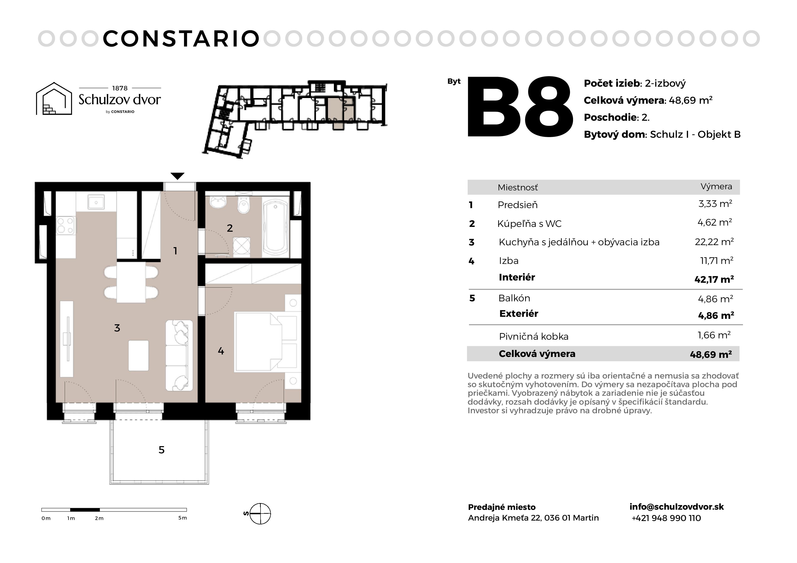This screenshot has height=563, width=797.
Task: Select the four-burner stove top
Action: click(66, 225)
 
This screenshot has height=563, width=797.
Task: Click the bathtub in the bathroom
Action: click(276, 227)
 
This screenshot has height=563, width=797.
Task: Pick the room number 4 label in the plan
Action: click(221, 351)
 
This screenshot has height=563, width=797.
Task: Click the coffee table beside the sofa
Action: click(139, 356)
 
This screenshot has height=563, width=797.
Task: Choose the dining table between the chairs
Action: click(131, 282)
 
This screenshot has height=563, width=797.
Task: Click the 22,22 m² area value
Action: click(714, 242)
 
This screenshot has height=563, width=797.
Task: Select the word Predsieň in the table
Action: click(518, 205)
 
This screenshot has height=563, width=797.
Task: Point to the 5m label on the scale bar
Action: click(183, 518)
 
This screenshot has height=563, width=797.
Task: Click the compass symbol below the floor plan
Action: click(260, 513)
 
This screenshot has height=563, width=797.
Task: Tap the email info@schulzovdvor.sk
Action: click(677, 507)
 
